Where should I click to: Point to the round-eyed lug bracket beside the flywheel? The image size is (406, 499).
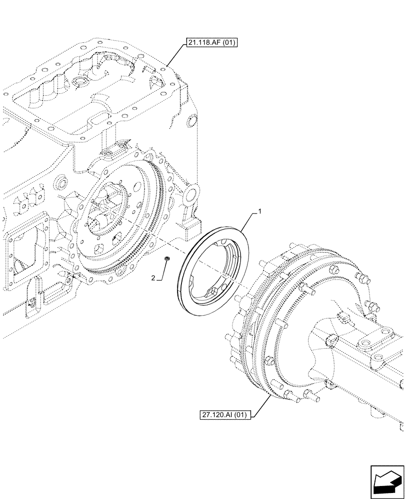coord(192,193)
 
